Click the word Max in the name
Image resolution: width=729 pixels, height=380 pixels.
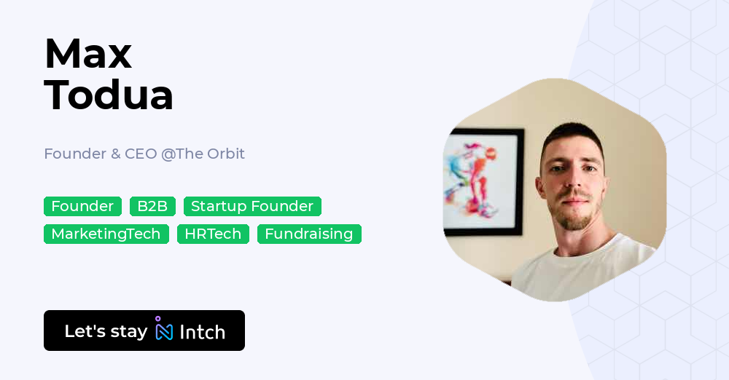point(88,53)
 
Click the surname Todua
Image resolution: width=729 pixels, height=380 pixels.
point(109,95)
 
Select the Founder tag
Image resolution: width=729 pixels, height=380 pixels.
point(82,207)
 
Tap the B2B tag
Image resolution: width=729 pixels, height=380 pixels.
point(152,207)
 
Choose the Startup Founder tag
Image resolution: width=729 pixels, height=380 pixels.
point(252,207)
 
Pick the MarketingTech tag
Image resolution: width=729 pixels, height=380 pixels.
point(106,234)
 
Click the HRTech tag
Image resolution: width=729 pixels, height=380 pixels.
point(213,234)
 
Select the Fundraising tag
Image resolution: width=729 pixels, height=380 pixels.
point(309,234)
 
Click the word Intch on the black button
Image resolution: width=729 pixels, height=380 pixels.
point(202,333)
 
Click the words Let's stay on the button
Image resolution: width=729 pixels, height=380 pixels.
point(106,331)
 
